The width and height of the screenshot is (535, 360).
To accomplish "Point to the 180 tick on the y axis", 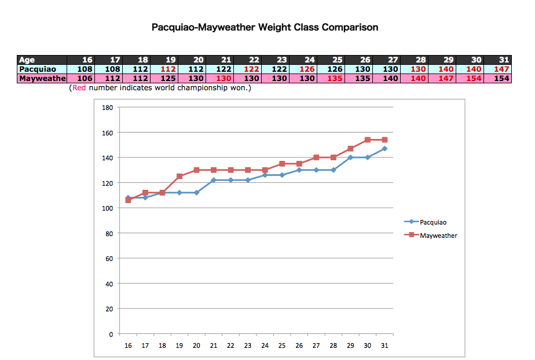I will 107,108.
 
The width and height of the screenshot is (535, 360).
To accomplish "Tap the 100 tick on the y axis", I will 107,208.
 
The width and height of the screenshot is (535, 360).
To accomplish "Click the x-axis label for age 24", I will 265,345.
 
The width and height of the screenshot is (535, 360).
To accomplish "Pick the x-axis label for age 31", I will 384,345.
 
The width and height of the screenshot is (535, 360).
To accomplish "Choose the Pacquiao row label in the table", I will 38,69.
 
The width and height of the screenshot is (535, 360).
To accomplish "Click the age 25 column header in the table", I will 334,60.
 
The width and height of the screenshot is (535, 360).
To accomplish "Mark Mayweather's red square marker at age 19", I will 179,176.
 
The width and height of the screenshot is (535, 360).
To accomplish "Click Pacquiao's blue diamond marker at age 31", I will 384,149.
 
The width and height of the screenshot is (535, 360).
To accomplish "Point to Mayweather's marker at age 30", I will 367,140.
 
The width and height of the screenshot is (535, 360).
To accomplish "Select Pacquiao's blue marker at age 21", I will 214,180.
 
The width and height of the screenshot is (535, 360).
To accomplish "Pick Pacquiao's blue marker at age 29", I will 350,157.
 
